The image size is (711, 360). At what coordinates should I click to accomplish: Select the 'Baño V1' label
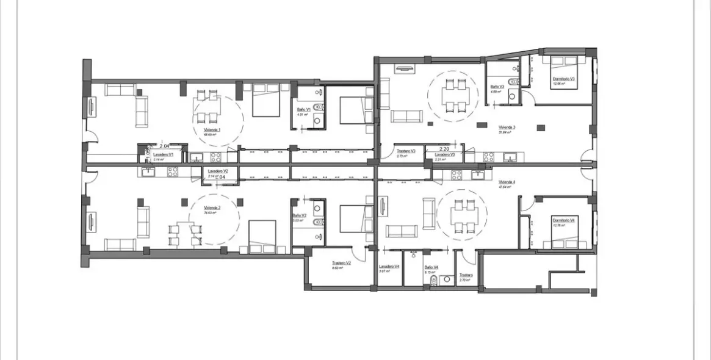point(303,109)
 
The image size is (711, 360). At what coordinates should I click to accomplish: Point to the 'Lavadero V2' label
point(217,171)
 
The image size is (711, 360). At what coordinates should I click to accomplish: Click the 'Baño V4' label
point(432,267)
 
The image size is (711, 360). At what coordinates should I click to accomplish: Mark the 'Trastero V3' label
point(406,151)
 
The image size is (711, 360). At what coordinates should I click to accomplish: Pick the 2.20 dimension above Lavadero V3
point(444,148)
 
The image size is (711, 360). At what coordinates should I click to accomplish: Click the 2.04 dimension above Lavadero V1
point(164,146)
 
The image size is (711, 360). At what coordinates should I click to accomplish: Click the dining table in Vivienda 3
point(456,95)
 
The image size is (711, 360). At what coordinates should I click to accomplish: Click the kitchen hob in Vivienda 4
point(457,175)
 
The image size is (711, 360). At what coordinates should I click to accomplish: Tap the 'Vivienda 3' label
point(507,128)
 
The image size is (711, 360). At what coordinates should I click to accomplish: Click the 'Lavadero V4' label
point(389,267)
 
